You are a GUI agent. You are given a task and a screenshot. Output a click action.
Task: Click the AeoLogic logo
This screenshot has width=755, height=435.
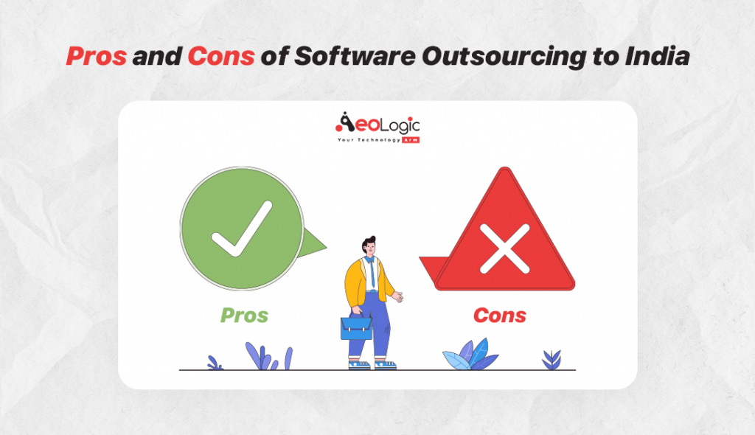click(377, 125)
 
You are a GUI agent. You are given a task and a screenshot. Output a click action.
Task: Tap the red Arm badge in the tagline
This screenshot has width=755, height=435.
click(411, 139)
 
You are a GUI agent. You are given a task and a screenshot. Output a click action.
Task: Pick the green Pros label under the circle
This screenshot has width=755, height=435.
click(244, 316)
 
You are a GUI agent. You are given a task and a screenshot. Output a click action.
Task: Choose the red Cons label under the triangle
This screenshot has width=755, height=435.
click(499, 316)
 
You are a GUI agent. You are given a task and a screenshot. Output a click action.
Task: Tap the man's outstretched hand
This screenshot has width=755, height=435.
click(398, 297)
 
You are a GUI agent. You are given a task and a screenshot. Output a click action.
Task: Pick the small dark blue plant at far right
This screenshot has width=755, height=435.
click(551, 359)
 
